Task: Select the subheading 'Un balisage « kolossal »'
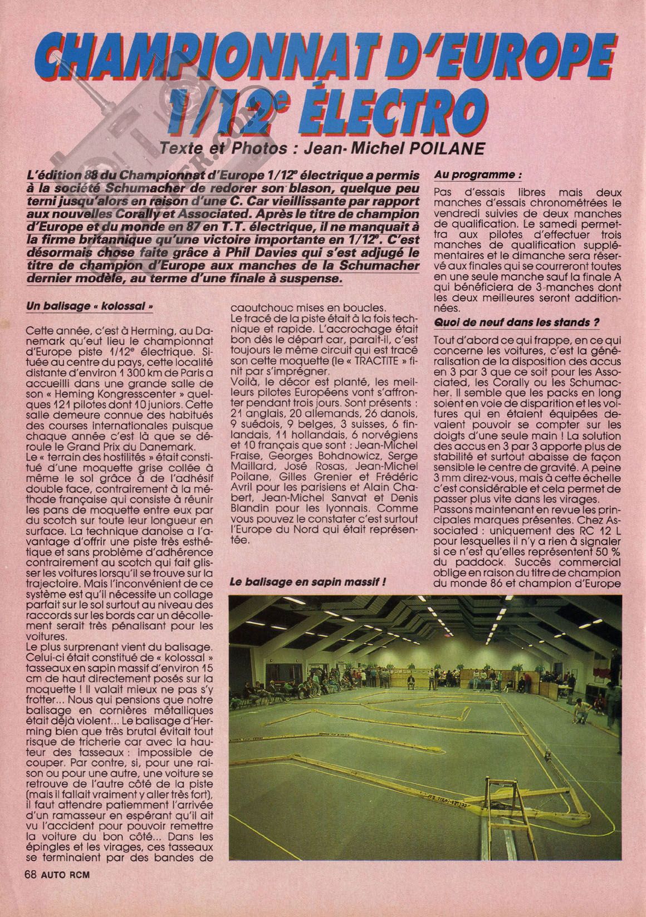click(x=90, y=307)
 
